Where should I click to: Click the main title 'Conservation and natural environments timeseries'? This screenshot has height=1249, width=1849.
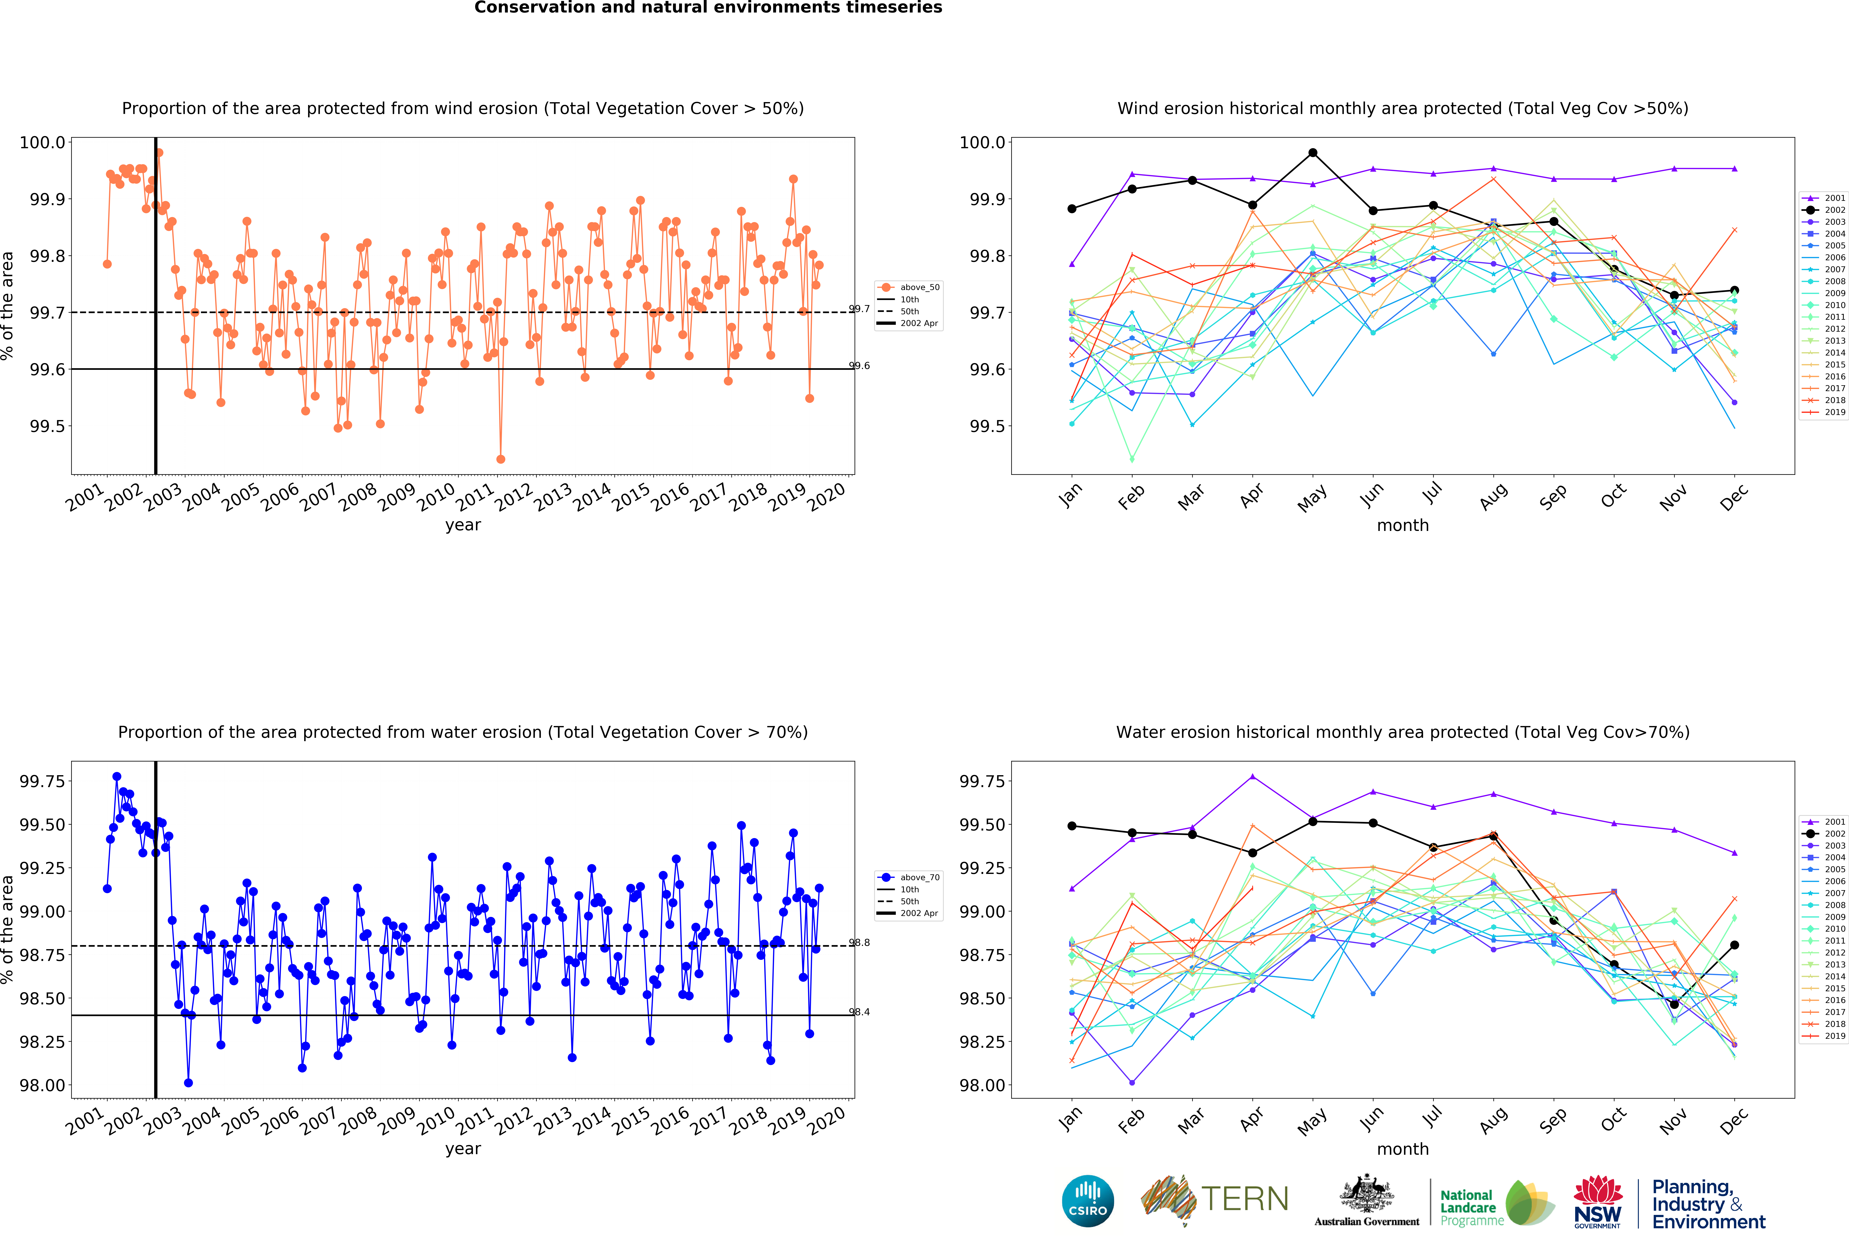(x=708, y=8)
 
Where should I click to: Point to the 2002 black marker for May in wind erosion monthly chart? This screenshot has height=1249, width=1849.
(x=1313, y=153)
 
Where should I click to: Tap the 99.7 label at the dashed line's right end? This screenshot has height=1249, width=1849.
(x=859, y=309)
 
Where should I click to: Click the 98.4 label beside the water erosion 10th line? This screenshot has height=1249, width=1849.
(x=859, y=1012)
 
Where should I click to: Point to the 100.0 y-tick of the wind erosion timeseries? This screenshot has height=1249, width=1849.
(x=42, y=142)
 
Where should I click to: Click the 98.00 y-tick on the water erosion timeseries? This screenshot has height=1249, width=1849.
(x=42, y=1085)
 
